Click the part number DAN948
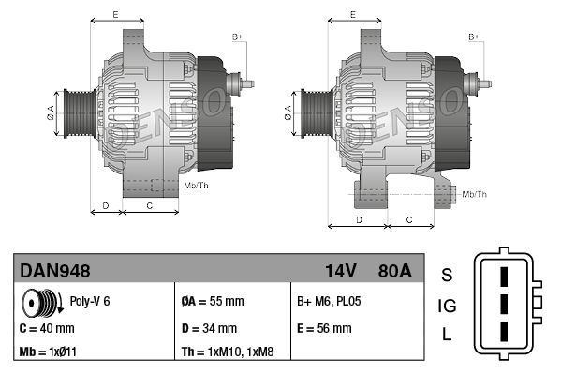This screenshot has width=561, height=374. tap(55, 271)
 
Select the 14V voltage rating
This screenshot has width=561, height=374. tap(340, 271)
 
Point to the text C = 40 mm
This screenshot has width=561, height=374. tap(47, 329)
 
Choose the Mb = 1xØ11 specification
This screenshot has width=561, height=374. tap(49, 353)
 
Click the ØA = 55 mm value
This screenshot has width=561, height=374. tap(212, 302)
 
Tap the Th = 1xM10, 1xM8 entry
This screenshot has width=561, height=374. tap(228, 353)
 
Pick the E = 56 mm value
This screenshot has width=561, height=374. tap(324, 329)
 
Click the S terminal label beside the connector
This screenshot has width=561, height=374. tap(447, 274)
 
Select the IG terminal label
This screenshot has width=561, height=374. tap(447, 305)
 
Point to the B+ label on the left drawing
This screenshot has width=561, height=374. tap(237, 37)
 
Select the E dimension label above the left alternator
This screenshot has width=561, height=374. tap(115, 15)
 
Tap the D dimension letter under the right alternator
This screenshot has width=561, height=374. tap(359, 218)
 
